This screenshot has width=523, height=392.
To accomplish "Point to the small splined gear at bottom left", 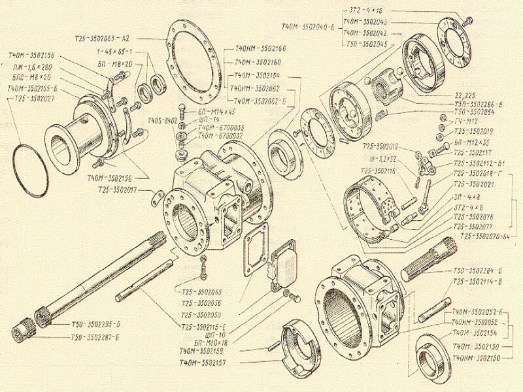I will (x=23, y=329).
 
